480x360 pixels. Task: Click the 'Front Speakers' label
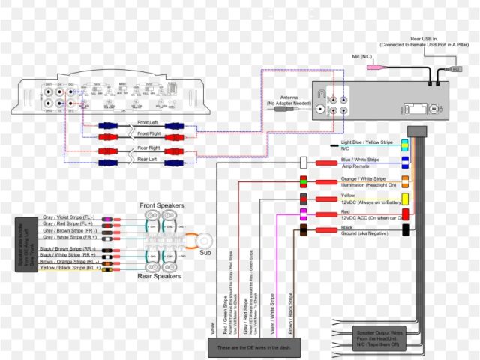click(x=162, y=205)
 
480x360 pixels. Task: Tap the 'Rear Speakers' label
click(x=160, y=277)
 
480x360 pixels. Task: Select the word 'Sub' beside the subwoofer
click(x=205, y=253)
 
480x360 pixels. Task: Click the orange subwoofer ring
click(x=205, y=240)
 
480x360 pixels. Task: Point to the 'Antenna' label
click(x=288, y=97)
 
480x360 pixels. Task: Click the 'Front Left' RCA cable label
click(x=148, y=122)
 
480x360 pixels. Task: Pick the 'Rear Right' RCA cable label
click(x=148, y=148)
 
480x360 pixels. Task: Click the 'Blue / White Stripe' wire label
click(x=361, y=160)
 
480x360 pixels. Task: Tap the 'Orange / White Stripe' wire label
click(x=365, y=178)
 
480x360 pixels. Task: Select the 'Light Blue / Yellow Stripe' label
click(x=367, y=142)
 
